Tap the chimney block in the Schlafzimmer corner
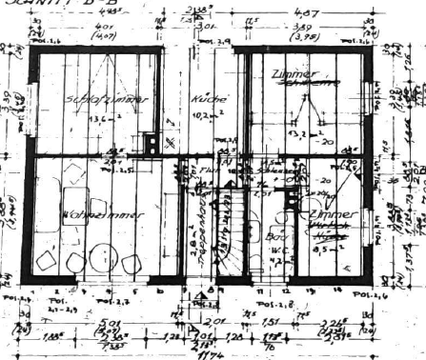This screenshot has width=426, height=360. (x=152, y=143)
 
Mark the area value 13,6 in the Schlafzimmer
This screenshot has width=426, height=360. (x=98, y=120)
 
